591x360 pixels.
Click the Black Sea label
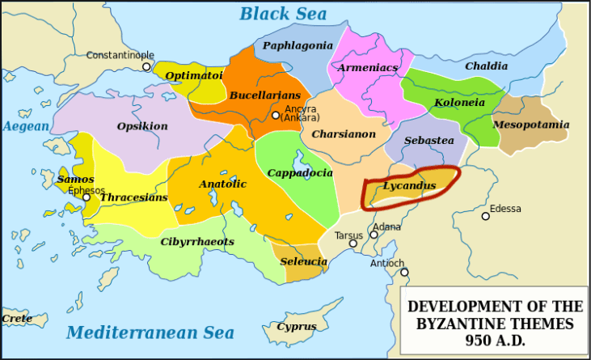click(283, 13)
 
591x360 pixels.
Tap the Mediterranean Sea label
click(150, 332)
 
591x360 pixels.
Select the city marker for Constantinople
click(146, 66)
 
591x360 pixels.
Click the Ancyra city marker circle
click(276, 116)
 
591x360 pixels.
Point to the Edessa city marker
click(485, 216)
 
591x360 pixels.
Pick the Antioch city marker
click(403, 272)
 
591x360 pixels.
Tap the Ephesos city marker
click(87, 197)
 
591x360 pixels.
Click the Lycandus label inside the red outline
click(409, 186)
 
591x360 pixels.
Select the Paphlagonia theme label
click(292, 45)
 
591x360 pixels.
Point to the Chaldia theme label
click(485, 66)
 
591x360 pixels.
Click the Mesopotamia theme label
click(531, 125)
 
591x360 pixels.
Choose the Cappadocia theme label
click(299, 172)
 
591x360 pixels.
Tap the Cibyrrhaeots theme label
click(197, 241)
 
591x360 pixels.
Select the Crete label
click(17, 318)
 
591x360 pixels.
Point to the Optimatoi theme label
click(194, 75)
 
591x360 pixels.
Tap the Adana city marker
click(374, 235)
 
